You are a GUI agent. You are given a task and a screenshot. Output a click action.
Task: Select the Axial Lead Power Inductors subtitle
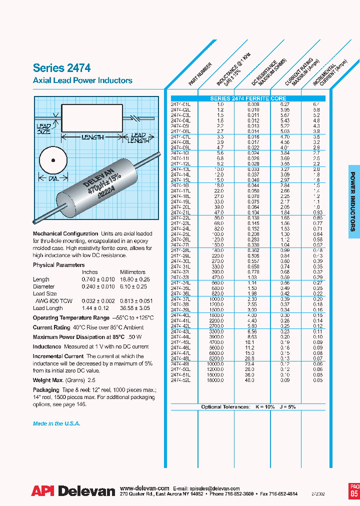coord(82,80)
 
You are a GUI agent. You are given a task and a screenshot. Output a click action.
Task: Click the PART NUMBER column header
coord(200,73)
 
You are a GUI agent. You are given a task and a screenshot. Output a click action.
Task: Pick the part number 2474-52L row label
coord(180,380)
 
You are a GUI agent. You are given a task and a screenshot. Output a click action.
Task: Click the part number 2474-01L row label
coord(180,104)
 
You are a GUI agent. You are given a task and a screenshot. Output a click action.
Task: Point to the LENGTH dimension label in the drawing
coord(92,137)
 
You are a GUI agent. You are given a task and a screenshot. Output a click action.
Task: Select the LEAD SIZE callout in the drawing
coord(43,129)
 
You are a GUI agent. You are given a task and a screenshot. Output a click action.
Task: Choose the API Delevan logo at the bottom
coord(73,491)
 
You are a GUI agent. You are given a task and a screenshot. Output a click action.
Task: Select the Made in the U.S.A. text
coord(56,423)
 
